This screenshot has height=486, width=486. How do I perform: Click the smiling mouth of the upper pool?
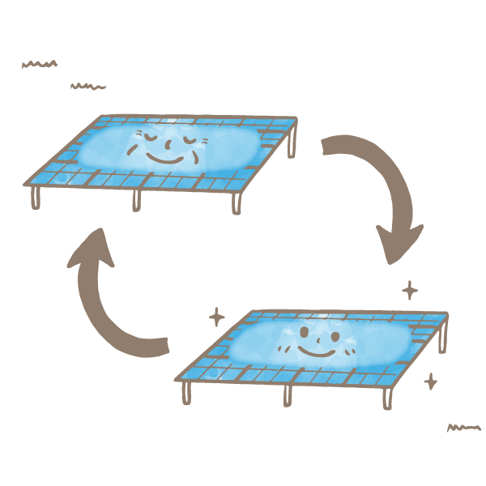pos(168,159)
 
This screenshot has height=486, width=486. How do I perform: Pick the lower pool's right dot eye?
pos(334,333)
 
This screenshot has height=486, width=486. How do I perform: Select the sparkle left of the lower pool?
pos(216,316)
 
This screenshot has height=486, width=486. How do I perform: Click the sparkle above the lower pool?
pos(411,289)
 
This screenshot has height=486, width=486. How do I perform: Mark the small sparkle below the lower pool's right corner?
pos(431,380)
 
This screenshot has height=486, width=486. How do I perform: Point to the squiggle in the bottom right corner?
pos(464,427)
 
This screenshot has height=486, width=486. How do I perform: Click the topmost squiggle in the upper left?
pos(40,63)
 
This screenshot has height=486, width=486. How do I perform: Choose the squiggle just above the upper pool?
pos(88,85)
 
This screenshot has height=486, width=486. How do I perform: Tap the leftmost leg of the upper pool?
pos(36,198)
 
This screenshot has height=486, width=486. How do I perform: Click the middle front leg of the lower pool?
pos(287,396)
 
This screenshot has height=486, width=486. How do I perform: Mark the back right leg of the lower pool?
pos(442,340)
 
